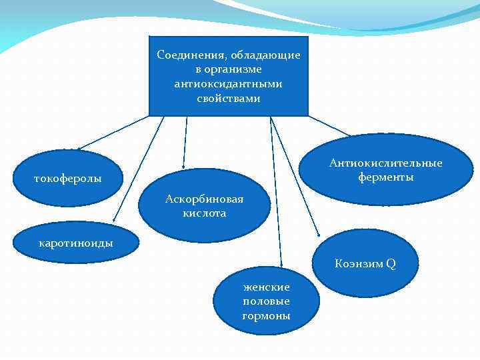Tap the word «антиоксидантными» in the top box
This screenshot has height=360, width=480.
pos(228,84)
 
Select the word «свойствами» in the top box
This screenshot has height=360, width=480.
pos(229,99)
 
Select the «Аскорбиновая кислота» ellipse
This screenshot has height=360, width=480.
pos(205,206)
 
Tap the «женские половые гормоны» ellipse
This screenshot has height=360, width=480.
pos(266,301)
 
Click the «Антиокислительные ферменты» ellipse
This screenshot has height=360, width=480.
pos(385,170)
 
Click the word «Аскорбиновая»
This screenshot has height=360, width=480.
pos(205,199)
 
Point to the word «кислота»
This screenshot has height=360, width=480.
pos(205,213)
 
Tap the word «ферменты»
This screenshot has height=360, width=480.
pos(385,177)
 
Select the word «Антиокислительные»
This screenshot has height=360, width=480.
pos(385,163)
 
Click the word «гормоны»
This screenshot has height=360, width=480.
pos(266,315)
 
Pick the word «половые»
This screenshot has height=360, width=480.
pos(266,301)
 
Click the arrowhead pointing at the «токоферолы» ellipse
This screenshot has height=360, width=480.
pos(78,148)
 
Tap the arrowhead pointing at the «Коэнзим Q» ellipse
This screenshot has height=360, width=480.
pos(319,234)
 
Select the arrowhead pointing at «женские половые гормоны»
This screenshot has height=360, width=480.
pos(281,267)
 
